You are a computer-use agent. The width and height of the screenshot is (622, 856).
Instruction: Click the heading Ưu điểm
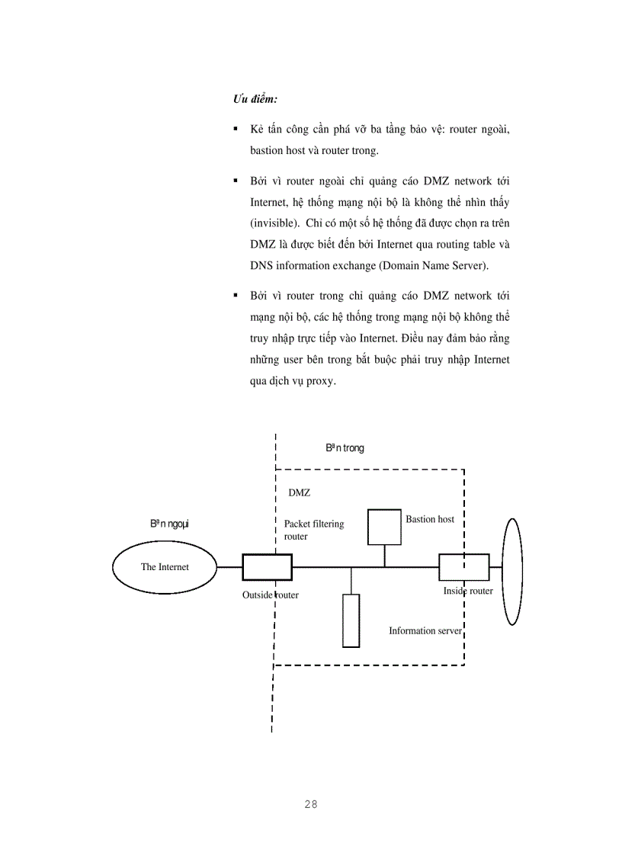[x=255, y=100]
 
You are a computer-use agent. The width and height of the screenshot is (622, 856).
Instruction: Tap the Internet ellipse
[x=165, y=567]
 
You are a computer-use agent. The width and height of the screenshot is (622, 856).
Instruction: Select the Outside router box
[x=267, y=567]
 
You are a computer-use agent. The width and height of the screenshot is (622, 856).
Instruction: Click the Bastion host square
[x=384, y=527]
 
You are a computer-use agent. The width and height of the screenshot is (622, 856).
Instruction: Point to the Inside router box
[x=463, y=567]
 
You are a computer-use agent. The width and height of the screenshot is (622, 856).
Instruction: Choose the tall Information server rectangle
[x=351, y=620]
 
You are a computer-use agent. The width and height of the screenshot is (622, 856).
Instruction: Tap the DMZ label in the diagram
[x=300, y=493]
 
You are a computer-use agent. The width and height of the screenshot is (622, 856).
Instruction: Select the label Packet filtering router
[x=314, y=530]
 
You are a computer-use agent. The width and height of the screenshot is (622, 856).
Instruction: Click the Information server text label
[x=425, y=631]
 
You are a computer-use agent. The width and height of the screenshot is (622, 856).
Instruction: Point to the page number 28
[x=310, y=804]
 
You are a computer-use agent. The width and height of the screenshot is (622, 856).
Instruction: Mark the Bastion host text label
[x=430, y=519]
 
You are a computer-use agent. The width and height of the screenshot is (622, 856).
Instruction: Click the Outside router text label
[x=271, y=595]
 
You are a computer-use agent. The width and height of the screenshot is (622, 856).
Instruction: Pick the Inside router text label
[x=468, y=591]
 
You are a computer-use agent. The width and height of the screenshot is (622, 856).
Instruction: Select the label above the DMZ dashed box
[x=345, y=448]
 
